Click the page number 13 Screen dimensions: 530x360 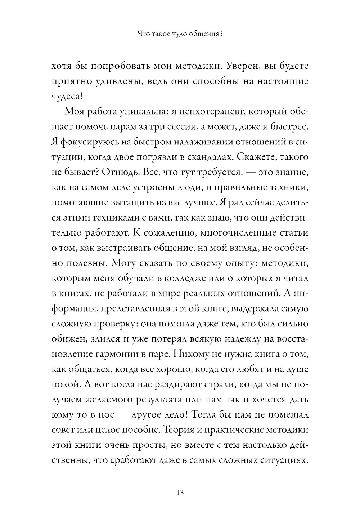tap(180, 493)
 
